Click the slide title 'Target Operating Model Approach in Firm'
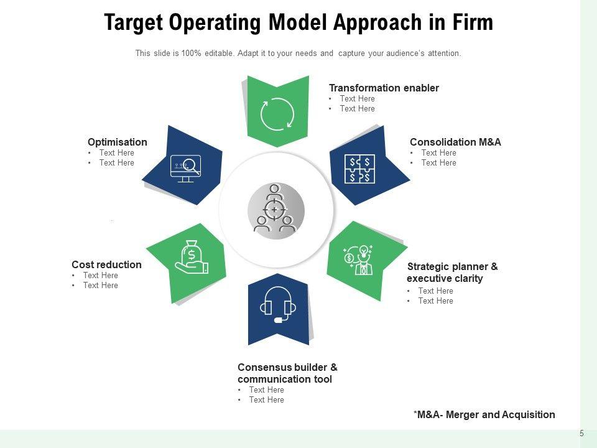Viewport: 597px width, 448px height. [298, 23]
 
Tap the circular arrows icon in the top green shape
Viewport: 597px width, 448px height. [277, 114]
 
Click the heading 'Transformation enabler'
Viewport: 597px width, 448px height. [384, 88]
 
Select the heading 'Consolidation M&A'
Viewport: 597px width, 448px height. [455, 142]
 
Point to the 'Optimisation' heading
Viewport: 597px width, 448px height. [118, 142]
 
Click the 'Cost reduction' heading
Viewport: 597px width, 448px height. [106, 264]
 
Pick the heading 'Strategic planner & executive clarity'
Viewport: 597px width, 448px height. [452, 273]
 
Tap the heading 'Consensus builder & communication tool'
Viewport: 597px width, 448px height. [287, 373]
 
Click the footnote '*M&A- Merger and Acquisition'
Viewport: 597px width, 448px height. [484, 414]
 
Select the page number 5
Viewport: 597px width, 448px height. [581, 434]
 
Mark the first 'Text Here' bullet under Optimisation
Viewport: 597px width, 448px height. [116, 152]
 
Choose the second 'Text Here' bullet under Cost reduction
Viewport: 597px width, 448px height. [100, 285]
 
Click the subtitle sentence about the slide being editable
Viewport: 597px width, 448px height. [298, 54]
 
